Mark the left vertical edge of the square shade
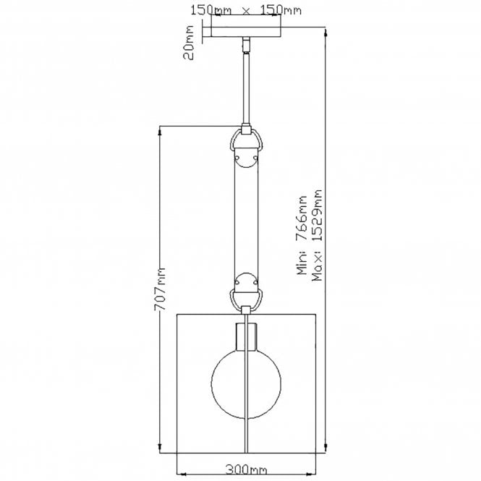[178, 383]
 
